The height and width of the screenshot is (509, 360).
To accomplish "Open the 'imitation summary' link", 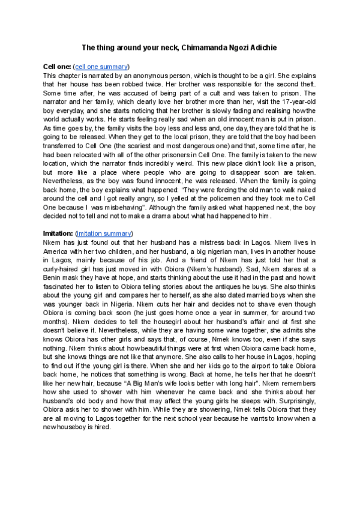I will click(104, 233).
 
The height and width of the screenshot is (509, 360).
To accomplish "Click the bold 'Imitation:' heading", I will click(59, 233).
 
